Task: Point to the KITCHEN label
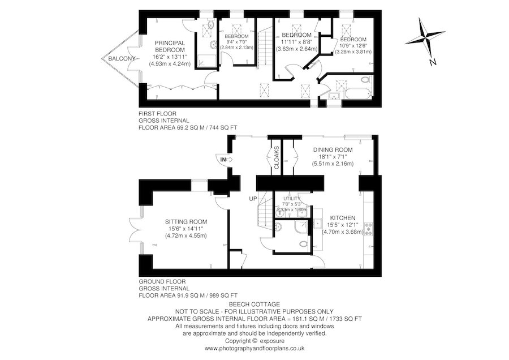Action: (342, 218)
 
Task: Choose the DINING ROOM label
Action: (333, 149)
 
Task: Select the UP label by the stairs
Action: (253, 199)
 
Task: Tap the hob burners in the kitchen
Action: (369, 228)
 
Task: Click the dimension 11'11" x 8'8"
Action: (296, 41)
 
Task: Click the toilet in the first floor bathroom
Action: (364, 80)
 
